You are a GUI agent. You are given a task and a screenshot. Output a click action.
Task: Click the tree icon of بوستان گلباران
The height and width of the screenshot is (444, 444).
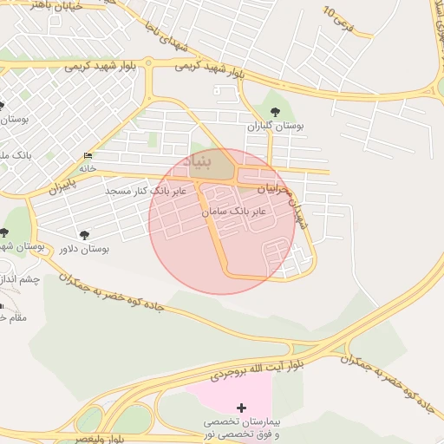(x=275, y=111)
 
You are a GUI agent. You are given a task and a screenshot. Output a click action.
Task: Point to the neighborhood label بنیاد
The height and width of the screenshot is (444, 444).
(x=219, y=161)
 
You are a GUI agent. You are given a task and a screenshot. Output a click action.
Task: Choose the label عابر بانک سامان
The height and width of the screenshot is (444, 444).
(x=234, y=211)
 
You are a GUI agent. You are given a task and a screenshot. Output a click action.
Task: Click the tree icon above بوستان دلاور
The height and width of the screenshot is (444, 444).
(x=84, y=234)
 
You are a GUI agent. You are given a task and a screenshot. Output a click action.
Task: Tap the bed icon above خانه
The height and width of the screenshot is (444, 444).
(x=88, y=156)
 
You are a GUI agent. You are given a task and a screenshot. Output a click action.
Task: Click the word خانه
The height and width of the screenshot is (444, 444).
(x=88, y=169)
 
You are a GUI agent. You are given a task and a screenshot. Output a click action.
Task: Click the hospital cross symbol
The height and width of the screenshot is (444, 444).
(x=241, y=407)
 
